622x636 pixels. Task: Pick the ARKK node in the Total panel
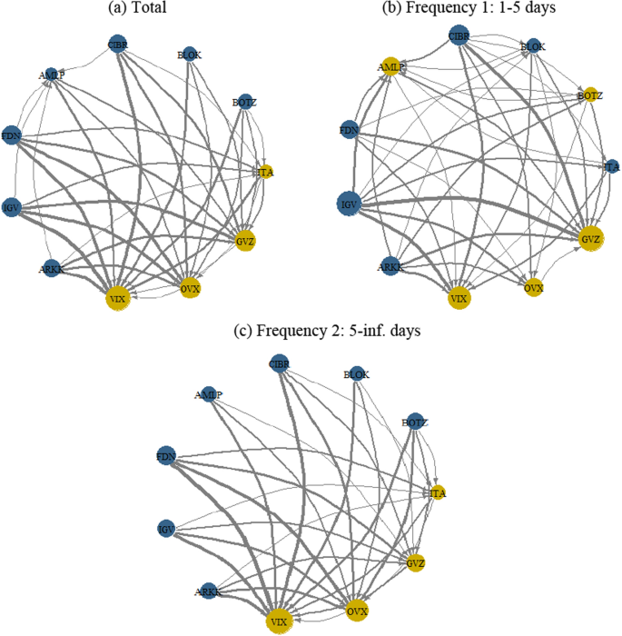point(51,268)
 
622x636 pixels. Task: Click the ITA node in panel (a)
point(265,172)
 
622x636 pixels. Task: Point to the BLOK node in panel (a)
point(189,55)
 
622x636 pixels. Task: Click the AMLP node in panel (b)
point(391,66)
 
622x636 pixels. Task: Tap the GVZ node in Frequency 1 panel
point(589,238)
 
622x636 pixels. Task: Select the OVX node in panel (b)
point(534,287)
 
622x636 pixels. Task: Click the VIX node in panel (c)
point(280,621)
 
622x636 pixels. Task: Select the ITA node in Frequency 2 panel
point(439,492)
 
